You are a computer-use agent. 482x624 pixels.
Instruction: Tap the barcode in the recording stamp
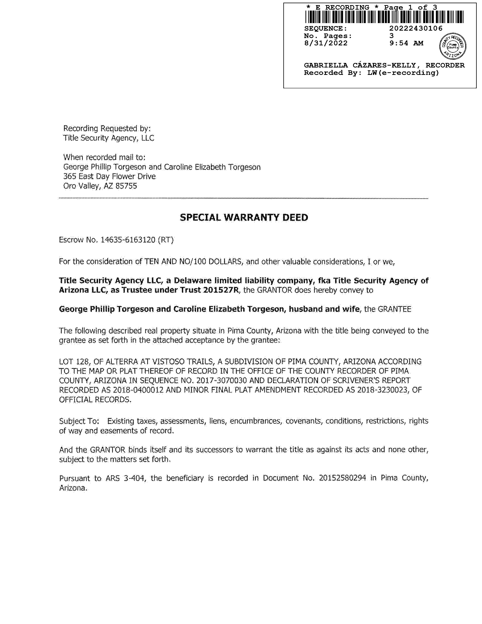pos(384,17)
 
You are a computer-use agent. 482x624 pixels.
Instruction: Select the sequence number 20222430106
pos(416,28)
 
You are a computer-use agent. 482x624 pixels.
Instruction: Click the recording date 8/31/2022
pos(326,43)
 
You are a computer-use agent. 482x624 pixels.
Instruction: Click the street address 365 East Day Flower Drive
pos(110,177)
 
